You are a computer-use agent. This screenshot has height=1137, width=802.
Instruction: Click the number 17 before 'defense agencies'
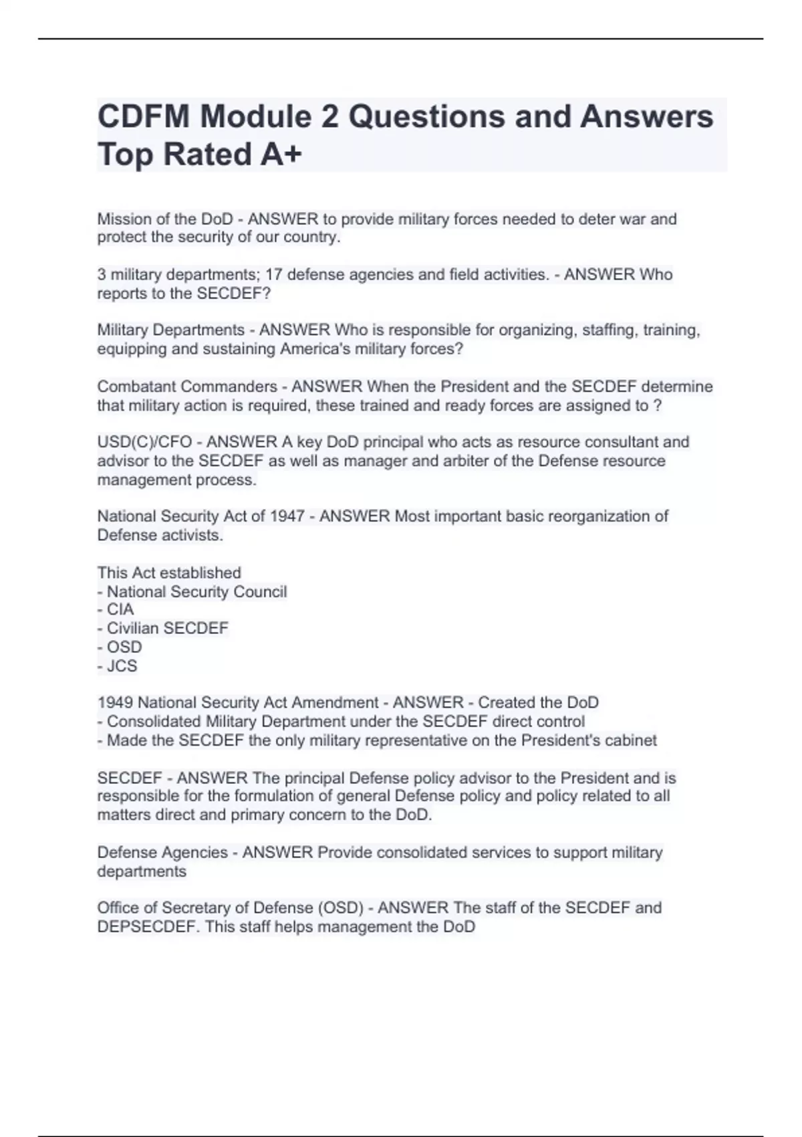274,275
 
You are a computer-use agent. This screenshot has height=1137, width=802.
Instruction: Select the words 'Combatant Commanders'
187,387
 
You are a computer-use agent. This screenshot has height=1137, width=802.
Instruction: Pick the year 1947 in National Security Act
287,516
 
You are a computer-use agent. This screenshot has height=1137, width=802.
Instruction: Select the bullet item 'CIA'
120,609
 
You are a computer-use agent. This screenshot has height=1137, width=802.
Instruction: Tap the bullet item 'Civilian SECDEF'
167,628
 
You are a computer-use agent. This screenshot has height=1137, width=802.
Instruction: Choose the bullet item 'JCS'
122,666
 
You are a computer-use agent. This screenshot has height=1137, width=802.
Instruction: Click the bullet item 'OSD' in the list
124,647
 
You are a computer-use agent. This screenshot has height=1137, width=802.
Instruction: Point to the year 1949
115,703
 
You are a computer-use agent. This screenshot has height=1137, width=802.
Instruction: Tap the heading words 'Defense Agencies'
162,853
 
